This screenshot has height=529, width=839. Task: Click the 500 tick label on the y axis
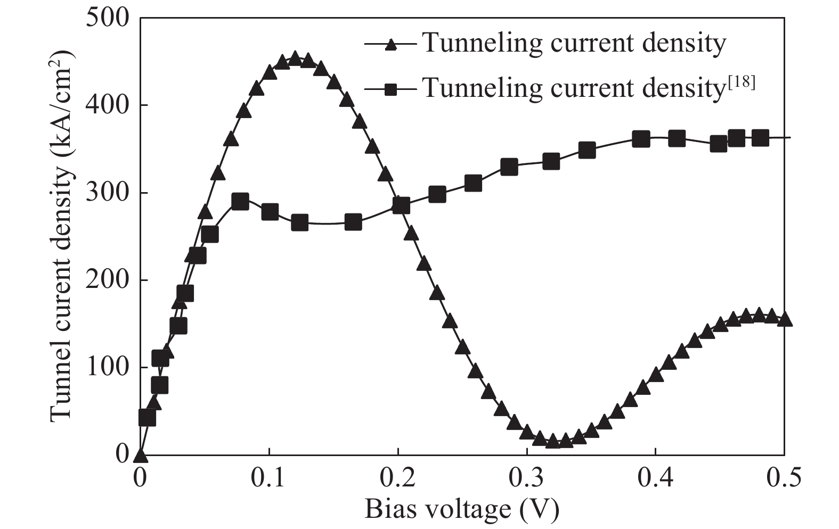click(108, 19)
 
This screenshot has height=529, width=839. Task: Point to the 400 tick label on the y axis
click(108, 105)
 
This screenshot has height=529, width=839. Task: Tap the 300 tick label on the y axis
click(108, 193)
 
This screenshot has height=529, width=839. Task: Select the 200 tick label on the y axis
click(108, 280)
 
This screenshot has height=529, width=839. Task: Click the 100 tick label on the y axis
click(108, 367)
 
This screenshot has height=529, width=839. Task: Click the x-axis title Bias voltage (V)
click(462, 509)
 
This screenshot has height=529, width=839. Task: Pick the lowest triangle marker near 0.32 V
click(552, 441)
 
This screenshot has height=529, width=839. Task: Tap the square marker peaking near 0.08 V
click(240, 202)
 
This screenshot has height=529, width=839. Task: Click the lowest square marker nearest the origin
click(147, 418)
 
